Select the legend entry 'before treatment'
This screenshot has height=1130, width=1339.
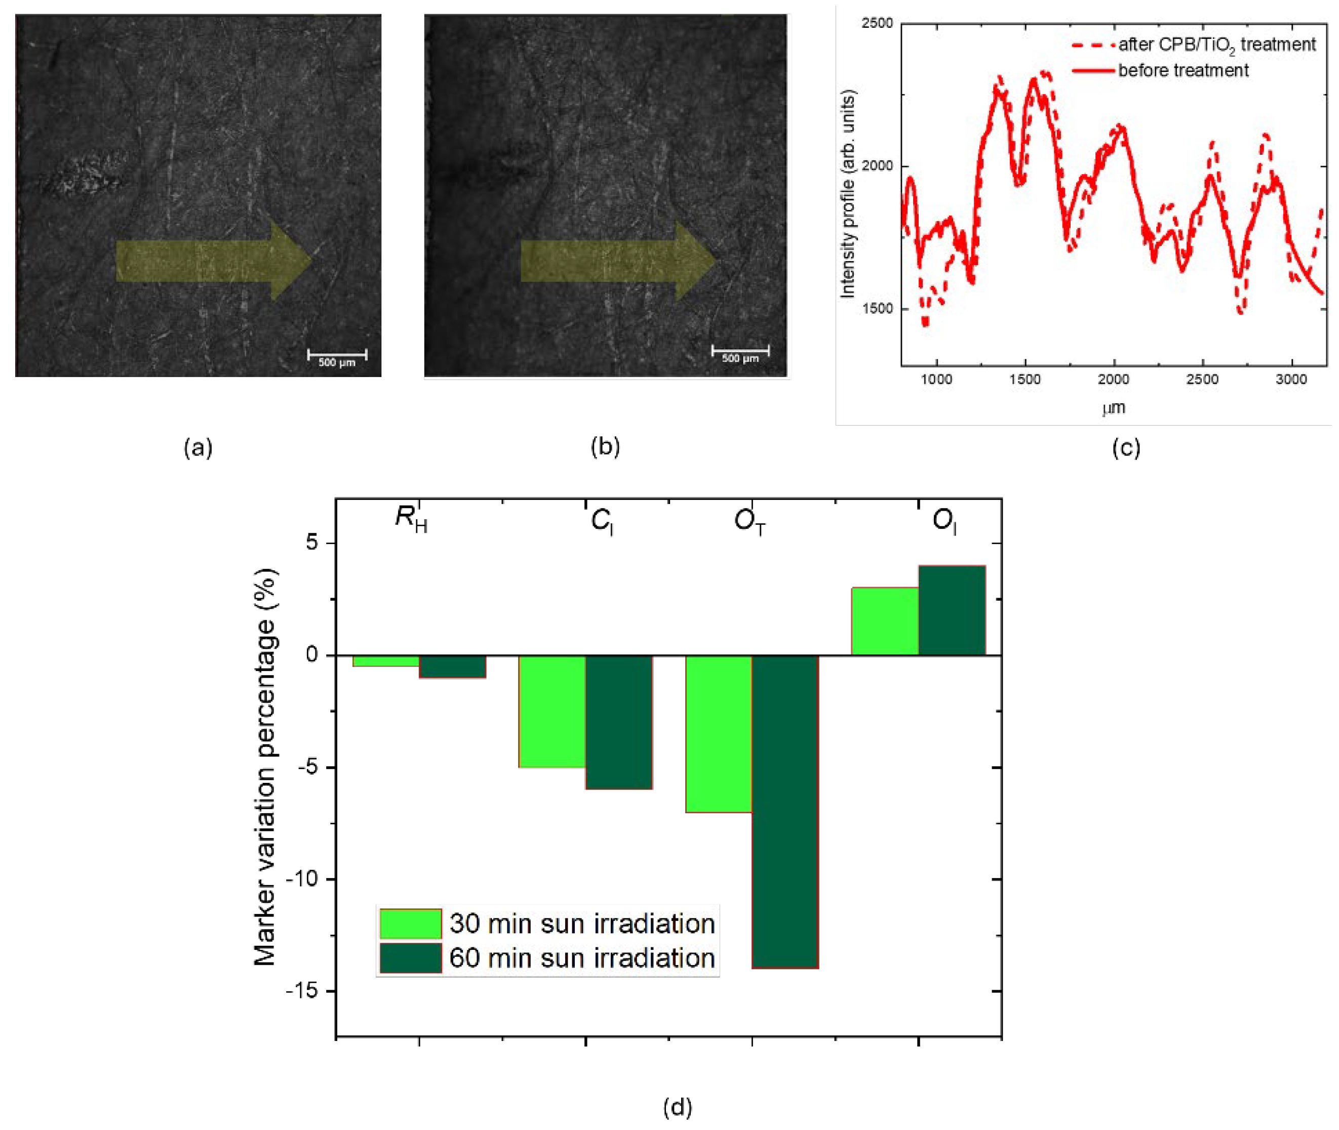coord(1183,70)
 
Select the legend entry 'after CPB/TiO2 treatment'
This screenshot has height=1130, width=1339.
coord(1216,45)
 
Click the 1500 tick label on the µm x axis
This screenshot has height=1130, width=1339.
coord(1025,379)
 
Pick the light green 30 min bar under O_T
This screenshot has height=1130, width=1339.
coord(718,733)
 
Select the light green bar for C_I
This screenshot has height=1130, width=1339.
coord(551,711)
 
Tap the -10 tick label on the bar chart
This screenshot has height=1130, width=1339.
coord(303,879)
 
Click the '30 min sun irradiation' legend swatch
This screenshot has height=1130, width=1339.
coord(410,924)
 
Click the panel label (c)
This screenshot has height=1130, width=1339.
coord(1126,447)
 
